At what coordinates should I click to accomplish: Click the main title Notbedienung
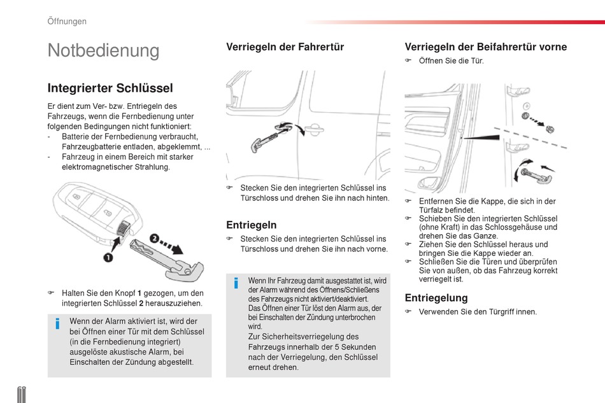[103, 50]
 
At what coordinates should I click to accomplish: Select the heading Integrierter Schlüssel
[110, 88]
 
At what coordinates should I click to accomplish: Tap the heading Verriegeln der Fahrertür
[285, 47]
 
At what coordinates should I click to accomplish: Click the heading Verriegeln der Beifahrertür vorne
[486, 47]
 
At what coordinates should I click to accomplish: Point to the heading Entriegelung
[436, 298]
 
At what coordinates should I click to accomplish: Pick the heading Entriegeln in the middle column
[251, 225]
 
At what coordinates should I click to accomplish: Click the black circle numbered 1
[108, 257]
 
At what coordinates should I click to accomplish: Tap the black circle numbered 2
[154, 238]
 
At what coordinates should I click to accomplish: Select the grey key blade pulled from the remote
[166, 260]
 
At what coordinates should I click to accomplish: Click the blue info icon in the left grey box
[57, 323]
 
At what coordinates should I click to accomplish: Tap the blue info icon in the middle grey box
[236, 283]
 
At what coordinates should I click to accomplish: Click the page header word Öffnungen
[67, 21]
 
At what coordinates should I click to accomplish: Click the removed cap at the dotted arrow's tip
[550, 129]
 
